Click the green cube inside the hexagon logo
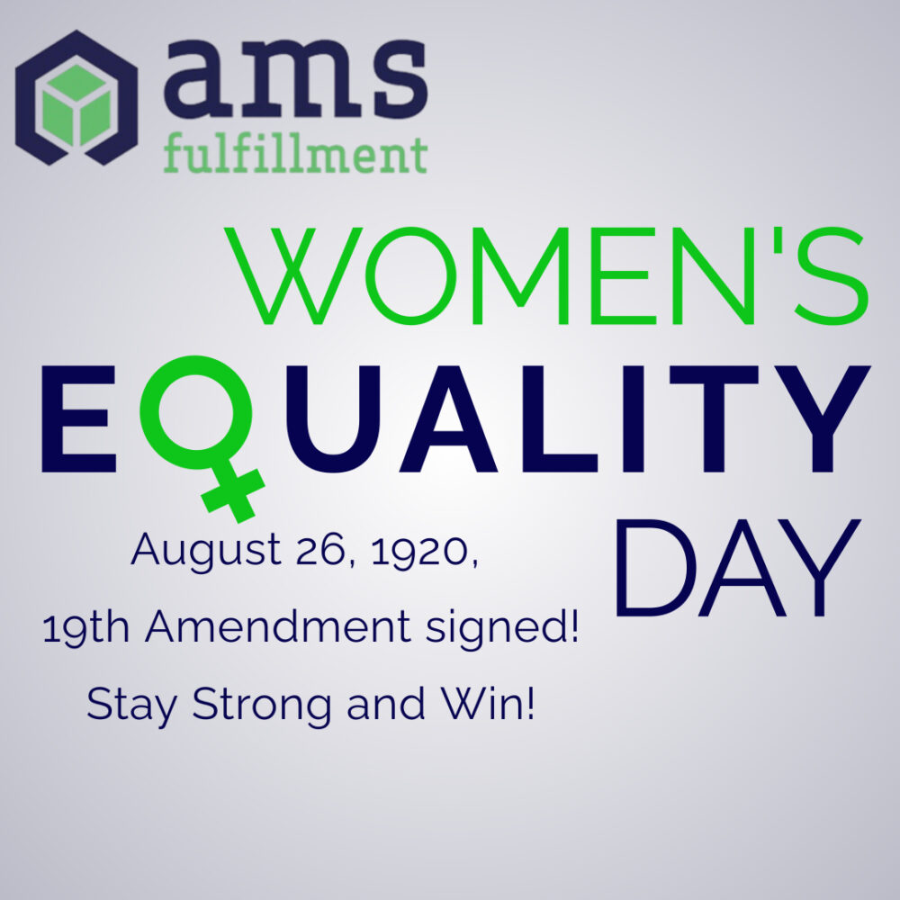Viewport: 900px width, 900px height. tap(76, 104)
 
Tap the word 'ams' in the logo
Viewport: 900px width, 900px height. tap(295, 72)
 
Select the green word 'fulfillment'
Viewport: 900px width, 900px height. tap(295, 154)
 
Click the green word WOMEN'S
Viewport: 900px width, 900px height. tap(546, 275)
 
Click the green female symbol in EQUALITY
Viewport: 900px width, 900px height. tap(202, 436)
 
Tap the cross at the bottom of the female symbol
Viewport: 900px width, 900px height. tap(232, 492)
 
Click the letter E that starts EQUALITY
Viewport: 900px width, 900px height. tap(78, 418)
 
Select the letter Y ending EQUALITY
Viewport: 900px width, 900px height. tap(823, 418)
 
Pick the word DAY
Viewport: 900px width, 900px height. tap(738, 568)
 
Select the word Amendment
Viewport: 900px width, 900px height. tap(278, 626)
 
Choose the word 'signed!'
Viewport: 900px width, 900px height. tap(502, 629)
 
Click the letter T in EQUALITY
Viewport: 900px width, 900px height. tap(715, 418)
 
